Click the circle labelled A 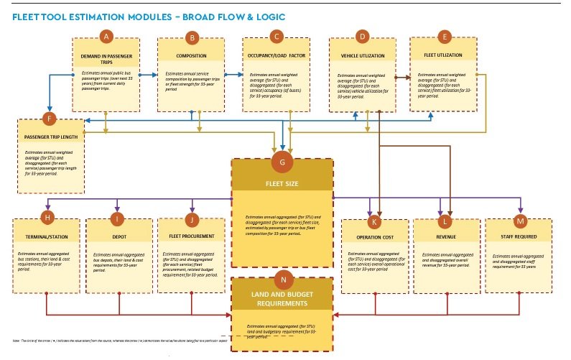106,36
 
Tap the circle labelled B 192,37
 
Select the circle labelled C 276,36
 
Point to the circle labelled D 362,36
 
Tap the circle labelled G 282,163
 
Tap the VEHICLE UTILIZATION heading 362,56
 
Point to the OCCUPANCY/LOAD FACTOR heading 277,56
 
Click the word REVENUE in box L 446,236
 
